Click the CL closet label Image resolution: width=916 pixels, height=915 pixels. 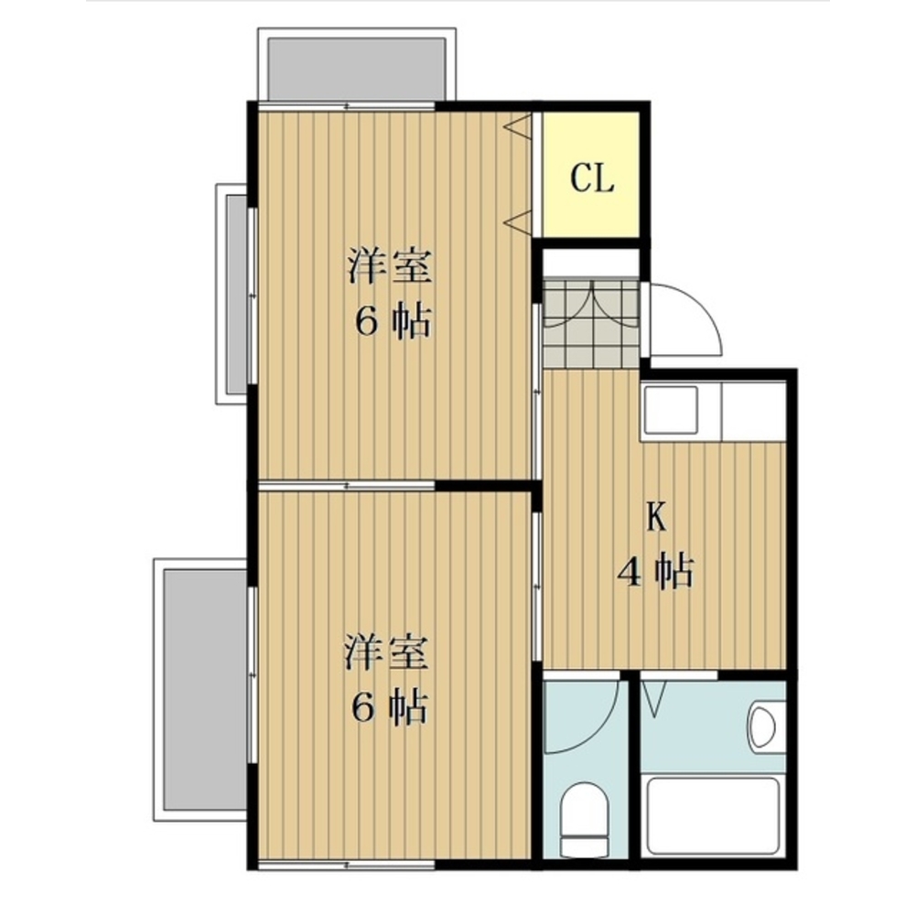click(592, 178)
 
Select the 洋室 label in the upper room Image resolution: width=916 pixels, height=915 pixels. click(390, 266)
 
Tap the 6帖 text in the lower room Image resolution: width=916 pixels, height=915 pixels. click(389, 707)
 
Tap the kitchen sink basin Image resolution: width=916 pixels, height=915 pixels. click(670, 410)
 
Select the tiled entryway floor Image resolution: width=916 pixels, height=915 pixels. click(591, 322)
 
